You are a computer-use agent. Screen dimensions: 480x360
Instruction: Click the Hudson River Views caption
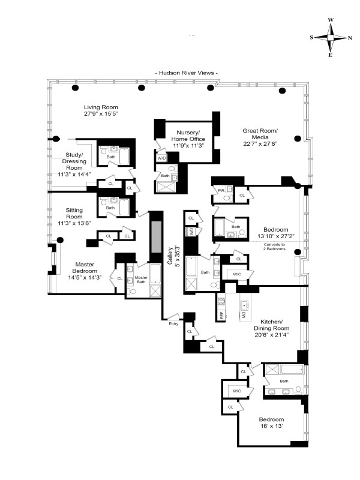pos(187,73)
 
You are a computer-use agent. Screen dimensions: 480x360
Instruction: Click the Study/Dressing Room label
pos(74,161)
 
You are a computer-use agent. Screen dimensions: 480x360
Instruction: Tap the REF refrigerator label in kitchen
pos(220,313)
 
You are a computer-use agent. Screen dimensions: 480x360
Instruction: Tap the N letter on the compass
pos(350,37)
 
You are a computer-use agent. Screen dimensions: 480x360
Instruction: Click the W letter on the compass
pos(331,20)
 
